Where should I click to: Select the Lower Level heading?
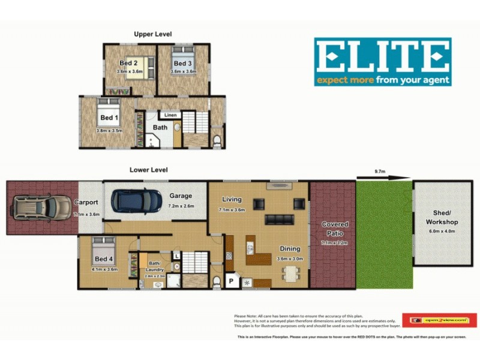click(148, 170)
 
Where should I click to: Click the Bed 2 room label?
click(129, 63)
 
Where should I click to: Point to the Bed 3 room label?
click(182, 63)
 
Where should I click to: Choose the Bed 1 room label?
click(109, 118)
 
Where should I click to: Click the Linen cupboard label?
click(171, 115)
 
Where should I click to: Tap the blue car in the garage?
click(136, 201)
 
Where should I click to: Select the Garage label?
click(180, 196)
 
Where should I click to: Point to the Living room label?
click(232, 200)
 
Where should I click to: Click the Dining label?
click(290, 248)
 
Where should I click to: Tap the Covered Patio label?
click(335, 229)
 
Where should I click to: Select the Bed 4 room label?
click(104, 259)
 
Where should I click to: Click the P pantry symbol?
click(230, 281)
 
